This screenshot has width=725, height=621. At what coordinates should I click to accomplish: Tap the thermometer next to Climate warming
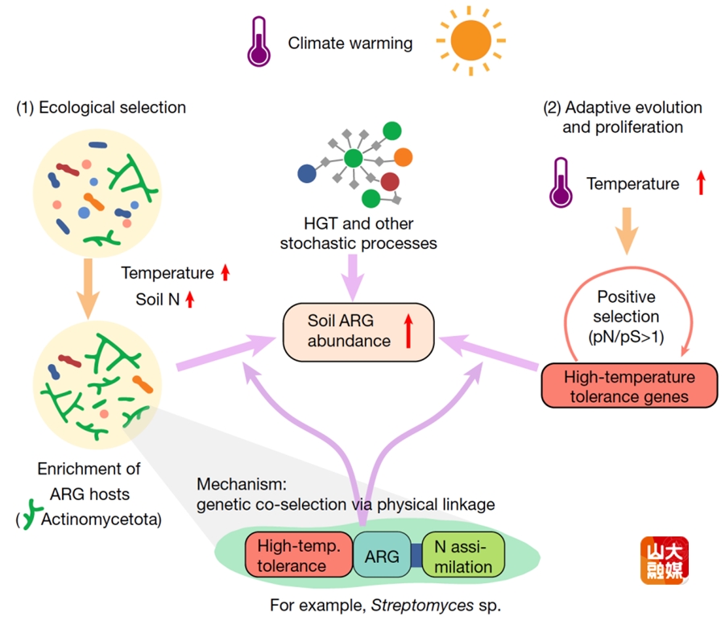click(x=260, y=41)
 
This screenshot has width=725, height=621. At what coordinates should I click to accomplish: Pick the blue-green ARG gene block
click(x=382, y=555)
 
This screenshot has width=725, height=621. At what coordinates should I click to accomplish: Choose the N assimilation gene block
click(x=463, y=555)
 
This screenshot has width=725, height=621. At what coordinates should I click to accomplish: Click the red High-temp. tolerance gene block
click(x=299, y=555)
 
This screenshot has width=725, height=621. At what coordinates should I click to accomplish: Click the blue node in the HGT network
click(x=307, y=173)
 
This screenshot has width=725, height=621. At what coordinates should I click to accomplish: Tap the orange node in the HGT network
click(x=404, y=156)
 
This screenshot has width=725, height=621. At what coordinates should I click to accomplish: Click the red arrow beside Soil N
click(x=190, y=300)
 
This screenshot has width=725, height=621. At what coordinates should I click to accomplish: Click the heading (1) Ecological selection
click(x=101, y=107)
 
